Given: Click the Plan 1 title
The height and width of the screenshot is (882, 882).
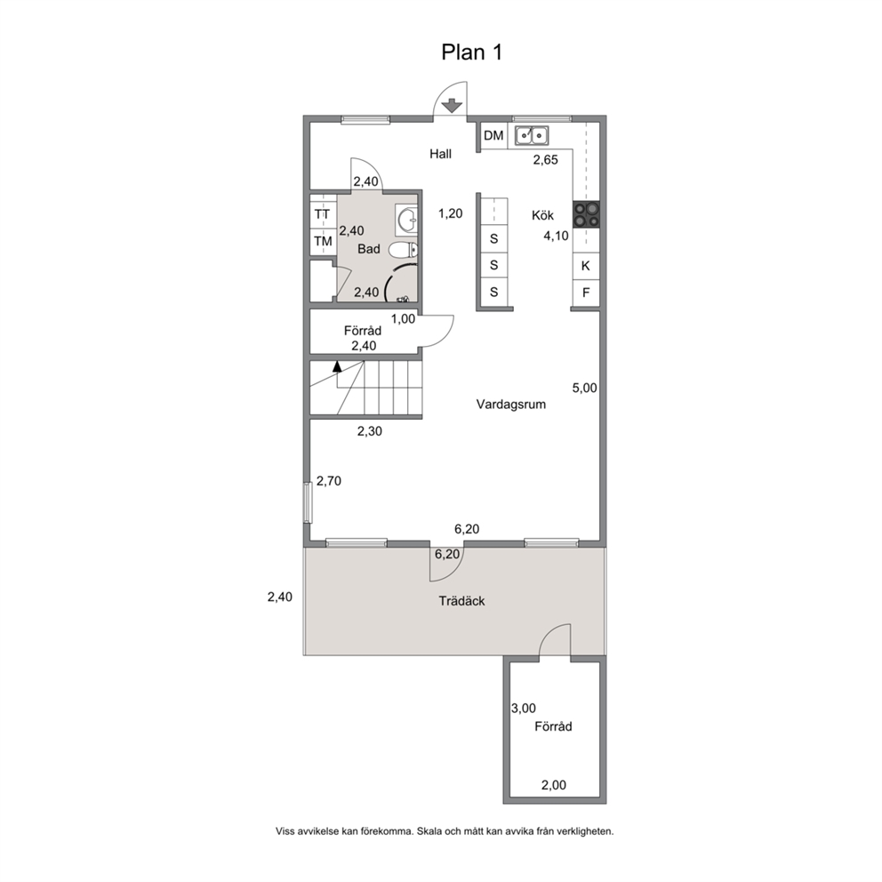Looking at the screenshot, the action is (471, 52).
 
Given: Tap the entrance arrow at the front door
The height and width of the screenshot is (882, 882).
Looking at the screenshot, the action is (452, 105).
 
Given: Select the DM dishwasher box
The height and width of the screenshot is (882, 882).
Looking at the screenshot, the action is (493, 135).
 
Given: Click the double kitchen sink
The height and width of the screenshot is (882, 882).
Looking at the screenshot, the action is (532, 135).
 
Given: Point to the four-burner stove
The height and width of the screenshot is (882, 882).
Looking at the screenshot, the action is (586, 214).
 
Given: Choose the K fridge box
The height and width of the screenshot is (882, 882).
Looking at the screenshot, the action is (586, 266).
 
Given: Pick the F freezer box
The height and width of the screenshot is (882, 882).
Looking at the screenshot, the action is (586, 293).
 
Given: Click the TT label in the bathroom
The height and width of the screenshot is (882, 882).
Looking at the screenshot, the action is (323, 214).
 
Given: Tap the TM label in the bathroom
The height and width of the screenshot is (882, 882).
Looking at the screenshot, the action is (323, 241).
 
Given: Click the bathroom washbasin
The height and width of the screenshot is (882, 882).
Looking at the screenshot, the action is (406, 220).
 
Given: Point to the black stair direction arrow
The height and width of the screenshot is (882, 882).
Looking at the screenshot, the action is (337, 366).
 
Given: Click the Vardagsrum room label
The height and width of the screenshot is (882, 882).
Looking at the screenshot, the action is (510, 405).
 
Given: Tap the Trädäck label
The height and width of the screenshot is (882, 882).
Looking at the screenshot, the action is (461, 601).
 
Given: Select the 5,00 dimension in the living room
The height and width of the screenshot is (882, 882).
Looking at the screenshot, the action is (584, 388).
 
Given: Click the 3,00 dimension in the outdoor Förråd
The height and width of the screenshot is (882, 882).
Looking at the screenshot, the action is (523, 709).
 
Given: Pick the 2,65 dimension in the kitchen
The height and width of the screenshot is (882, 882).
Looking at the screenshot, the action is (546, 160).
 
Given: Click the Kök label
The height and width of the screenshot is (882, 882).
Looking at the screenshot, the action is (543, 215).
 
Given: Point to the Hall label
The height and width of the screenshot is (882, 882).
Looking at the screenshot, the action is (440, 154).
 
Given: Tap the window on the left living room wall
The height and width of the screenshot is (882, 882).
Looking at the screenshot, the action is (308, 502).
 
